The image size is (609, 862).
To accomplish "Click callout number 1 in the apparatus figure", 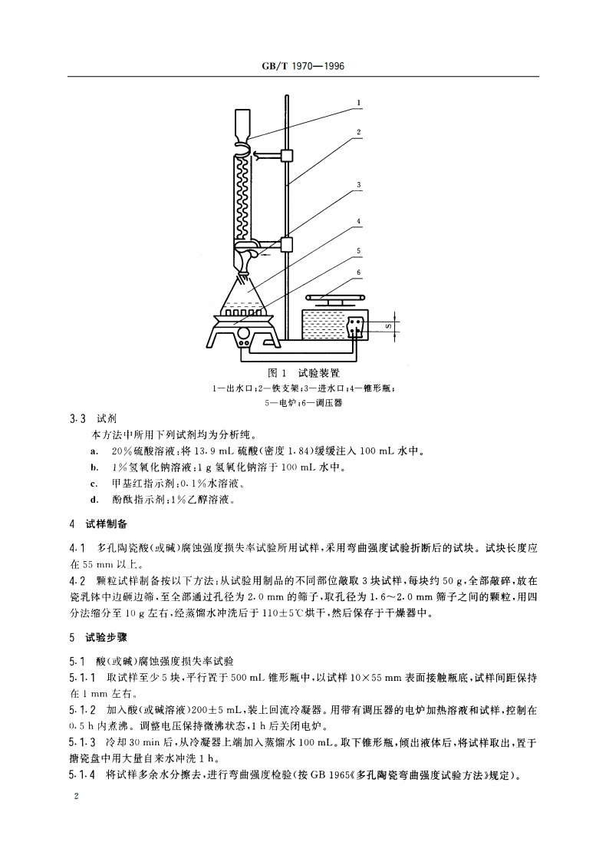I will coord(358,102).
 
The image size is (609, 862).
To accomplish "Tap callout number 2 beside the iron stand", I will coord(358,132).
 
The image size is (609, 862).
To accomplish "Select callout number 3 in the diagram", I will coord(358,185).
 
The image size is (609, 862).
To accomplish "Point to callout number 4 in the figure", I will coord(358,222).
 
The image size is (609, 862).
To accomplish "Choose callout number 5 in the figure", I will coord(358,250).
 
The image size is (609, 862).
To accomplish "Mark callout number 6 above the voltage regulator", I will coord(358,272).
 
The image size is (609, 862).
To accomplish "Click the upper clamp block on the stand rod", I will coord(288,156).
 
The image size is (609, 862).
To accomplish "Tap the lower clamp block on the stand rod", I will coord(288,245).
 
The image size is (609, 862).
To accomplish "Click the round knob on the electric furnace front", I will coord(242,334).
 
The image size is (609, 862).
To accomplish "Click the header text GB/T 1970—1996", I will coord(304,67).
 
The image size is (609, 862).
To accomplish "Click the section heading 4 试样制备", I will coord(99,525).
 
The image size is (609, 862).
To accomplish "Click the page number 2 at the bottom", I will coord(75,798).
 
